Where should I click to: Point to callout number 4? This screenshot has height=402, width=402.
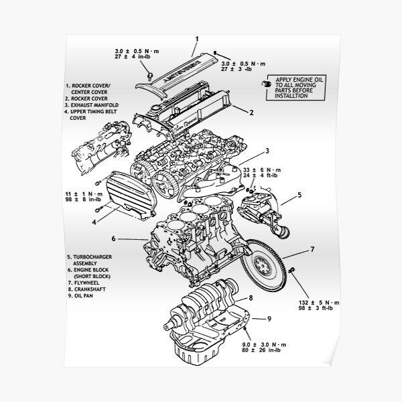pos(94,221)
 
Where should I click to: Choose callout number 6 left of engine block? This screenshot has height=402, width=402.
pos(115,238)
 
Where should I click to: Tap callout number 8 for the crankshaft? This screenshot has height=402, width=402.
pos(251,297)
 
